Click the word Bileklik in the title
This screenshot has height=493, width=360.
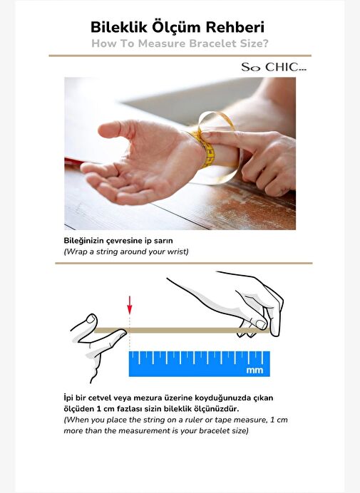point(119,27)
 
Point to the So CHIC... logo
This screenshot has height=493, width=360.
point(274,67)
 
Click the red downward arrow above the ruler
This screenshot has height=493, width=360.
point(129,305)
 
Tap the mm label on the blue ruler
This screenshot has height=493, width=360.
point(254,370)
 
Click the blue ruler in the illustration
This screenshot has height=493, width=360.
point(200,364)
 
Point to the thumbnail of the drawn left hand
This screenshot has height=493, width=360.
point(91,319)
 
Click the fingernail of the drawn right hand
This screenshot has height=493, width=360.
point(261,324)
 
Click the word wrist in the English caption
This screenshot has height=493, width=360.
point(180,252)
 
